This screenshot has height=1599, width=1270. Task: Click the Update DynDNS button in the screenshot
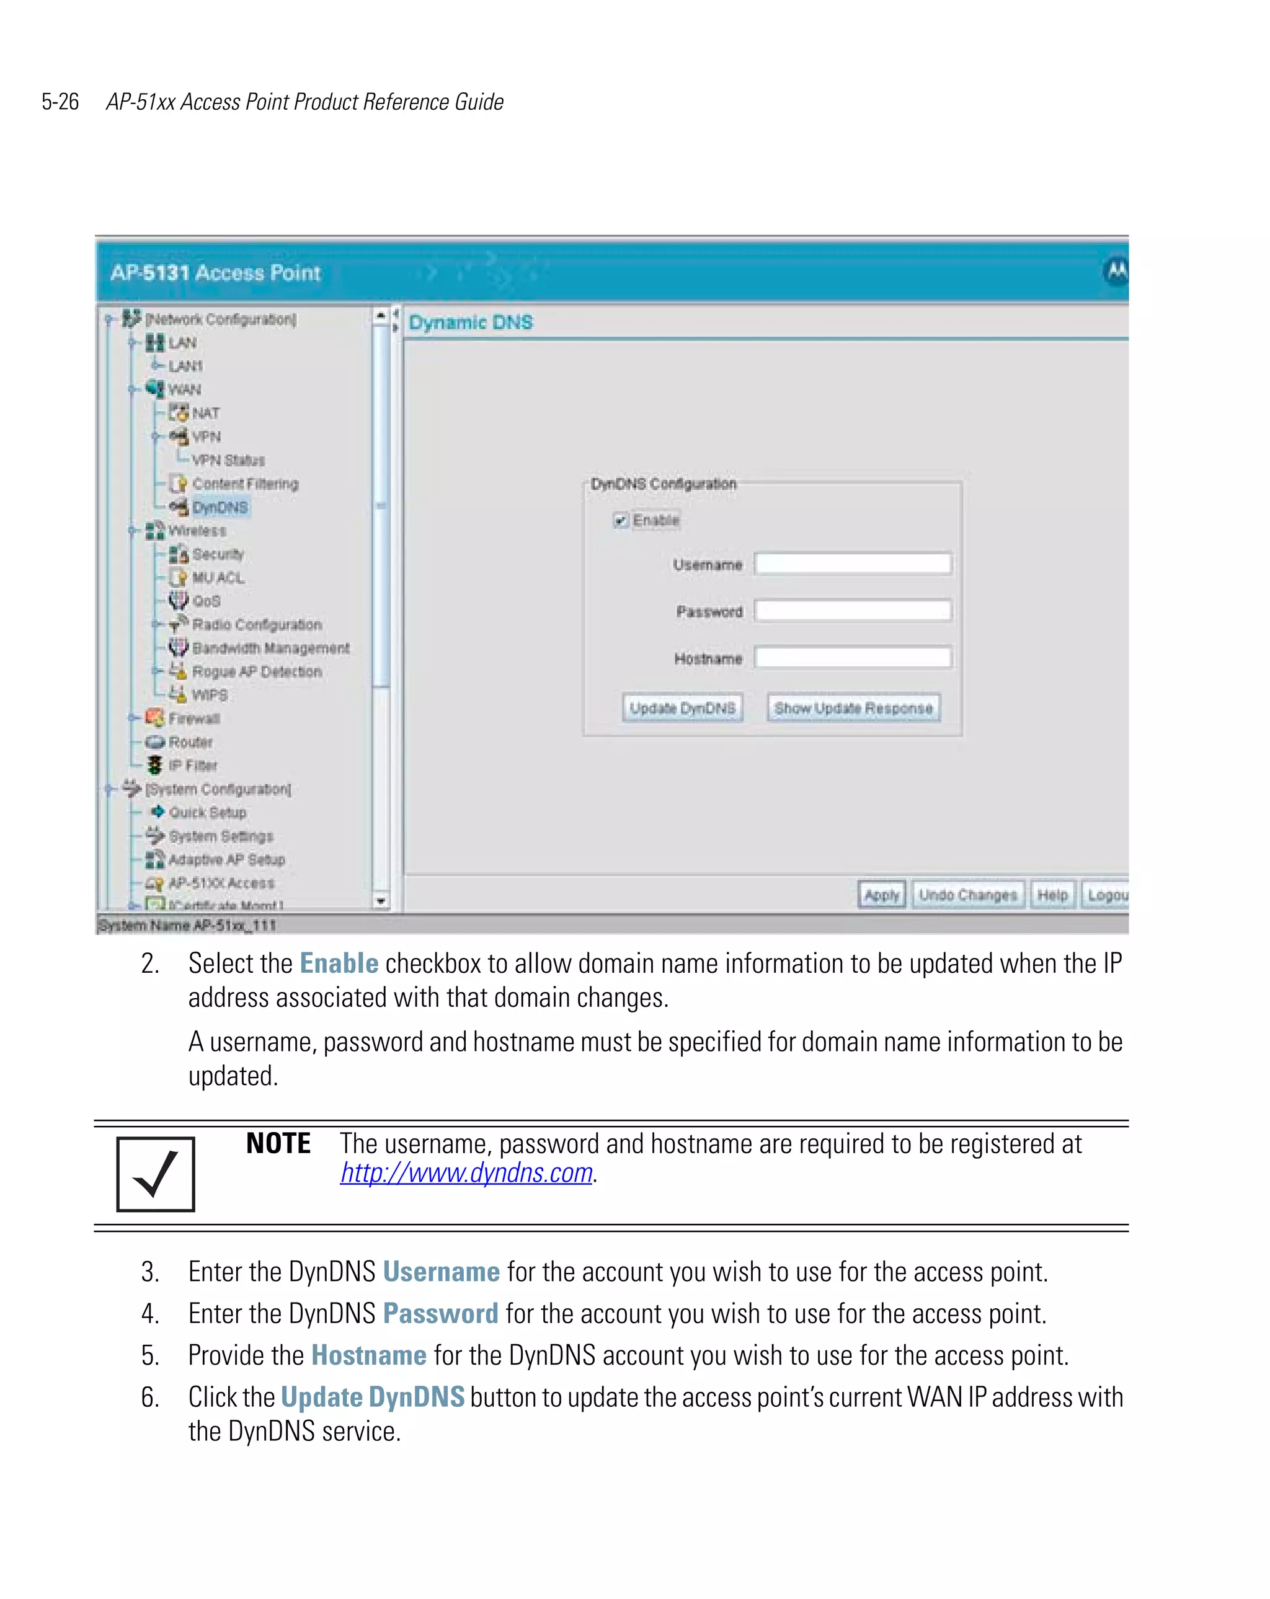682,707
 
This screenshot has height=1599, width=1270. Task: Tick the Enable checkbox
620,521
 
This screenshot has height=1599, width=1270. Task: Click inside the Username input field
853,564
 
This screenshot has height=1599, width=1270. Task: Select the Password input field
853,610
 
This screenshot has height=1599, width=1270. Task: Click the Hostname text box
853,657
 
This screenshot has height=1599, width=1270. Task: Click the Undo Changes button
967,895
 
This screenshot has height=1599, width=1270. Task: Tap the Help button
1051,895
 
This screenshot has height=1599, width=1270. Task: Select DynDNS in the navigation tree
220,507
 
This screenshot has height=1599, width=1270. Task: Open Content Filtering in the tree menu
245,484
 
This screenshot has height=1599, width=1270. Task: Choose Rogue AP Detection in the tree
256,671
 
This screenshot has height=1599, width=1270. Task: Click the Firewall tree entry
193,718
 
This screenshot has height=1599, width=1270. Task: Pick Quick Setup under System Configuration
207,812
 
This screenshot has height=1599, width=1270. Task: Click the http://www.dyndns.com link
466,1172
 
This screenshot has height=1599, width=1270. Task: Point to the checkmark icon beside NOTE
156,1174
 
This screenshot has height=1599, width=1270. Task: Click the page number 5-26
60,102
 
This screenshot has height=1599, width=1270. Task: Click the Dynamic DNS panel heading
470,322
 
